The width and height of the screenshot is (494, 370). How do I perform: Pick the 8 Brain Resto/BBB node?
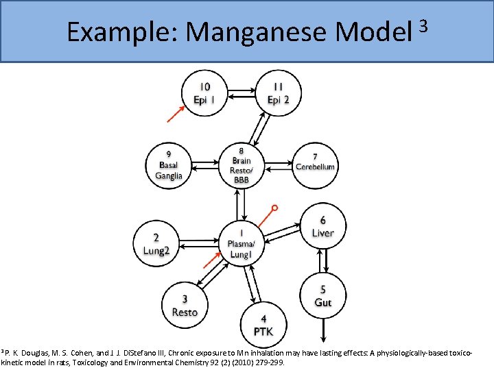(x=241, y=164)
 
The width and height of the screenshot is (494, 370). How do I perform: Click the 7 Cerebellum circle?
(x=315, y=162)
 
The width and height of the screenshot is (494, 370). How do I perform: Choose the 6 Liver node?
(x=322, y=227)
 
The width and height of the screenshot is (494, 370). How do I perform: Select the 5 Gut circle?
(x=322, y=295)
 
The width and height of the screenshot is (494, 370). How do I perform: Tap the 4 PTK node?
(x=263, y=325)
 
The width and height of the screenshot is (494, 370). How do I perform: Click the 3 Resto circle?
(x=185, y=306)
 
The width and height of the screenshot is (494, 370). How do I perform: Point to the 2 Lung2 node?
(x=156, y=244)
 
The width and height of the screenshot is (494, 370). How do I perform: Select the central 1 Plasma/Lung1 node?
(x=241, y=244)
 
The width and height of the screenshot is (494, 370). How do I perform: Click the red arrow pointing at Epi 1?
(x=176, y=114)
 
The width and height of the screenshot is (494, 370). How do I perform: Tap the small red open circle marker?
(x=274, y=207)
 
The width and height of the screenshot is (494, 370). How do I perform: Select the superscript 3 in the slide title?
(x=423, y=25)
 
